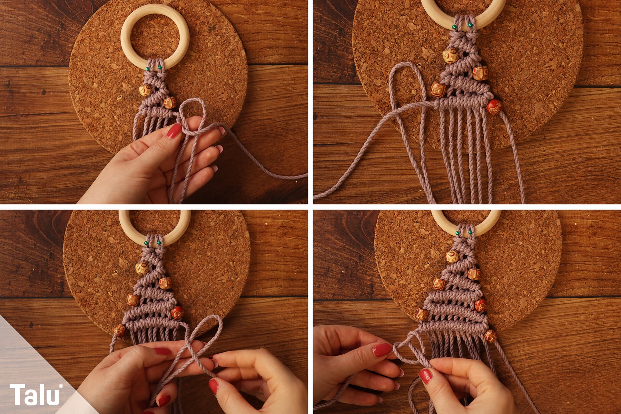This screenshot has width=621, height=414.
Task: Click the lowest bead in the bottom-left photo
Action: (x=120, y=331)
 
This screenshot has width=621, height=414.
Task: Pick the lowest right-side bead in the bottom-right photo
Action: (x=490, y=335)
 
